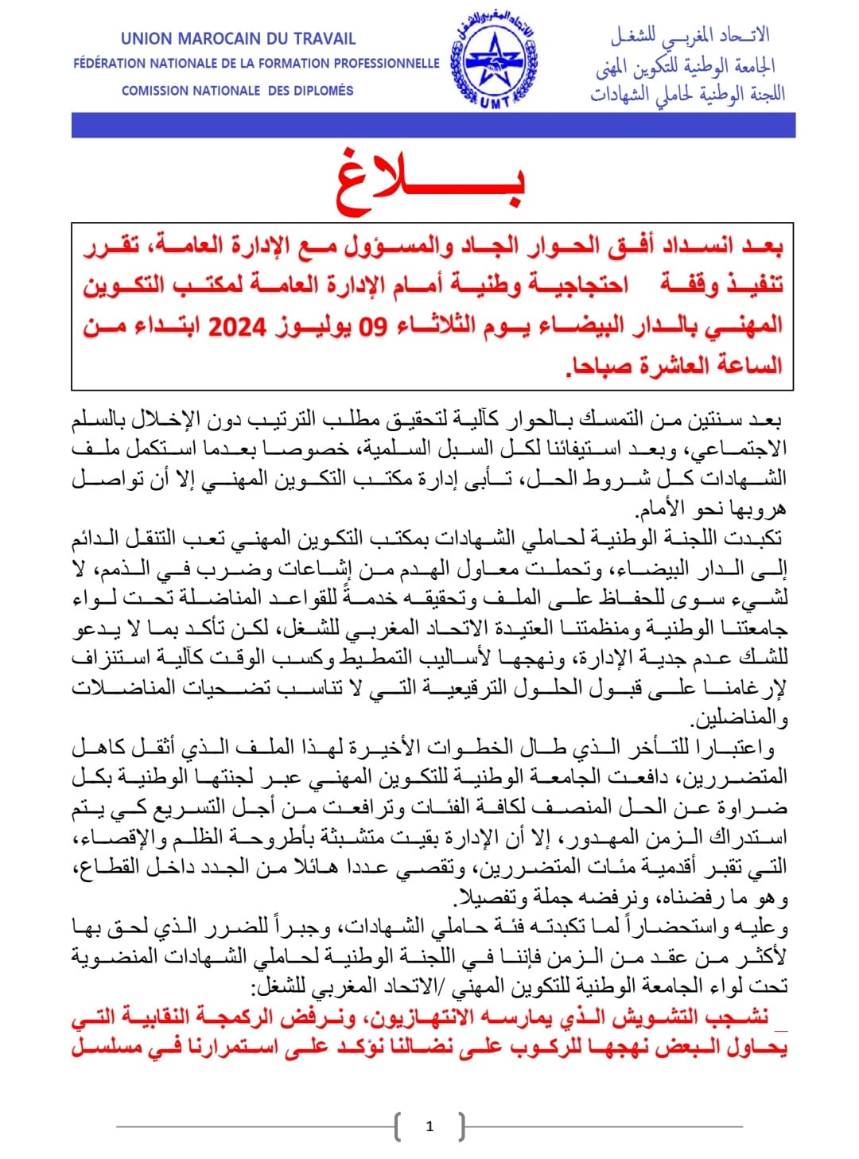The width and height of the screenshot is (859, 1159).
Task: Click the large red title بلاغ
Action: click(430, 182)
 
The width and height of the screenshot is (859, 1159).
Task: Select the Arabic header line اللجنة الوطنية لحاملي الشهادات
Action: click(687, 94)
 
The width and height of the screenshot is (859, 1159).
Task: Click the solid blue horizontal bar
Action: click(433, 125)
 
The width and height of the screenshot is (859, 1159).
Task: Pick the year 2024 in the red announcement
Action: click(237, 326)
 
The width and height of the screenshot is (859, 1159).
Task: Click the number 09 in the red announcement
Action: click(371, 326)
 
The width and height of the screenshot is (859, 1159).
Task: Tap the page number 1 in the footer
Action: click(429, 1126)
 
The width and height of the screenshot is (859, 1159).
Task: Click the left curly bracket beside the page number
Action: click(398, 1126)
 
